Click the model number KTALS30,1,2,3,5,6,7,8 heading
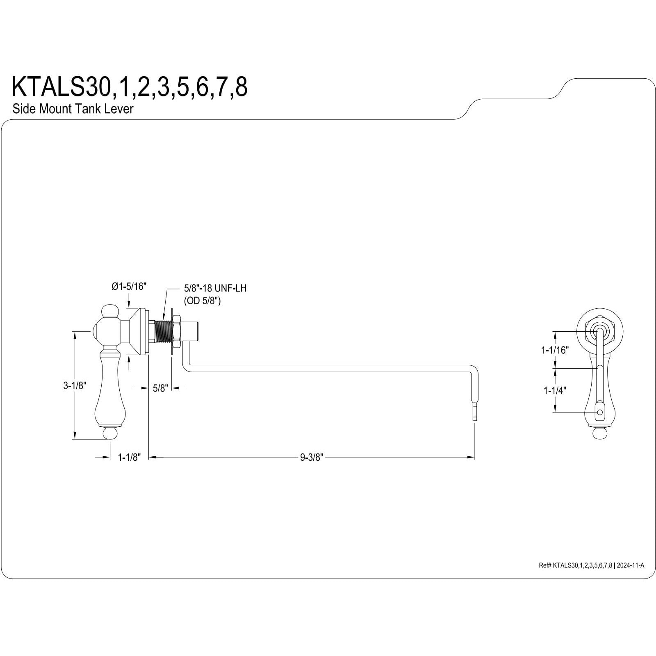click(x=130, y=87)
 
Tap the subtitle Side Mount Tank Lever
click(x=73, y=109)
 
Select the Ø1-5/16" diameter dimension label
click(x=129, y=287)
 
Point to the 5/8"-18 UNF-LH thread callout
click(x=215, y=289)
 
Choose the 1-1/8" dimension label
click(x=129, y=457)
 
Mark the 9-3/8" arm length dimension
click(x=312, y=457)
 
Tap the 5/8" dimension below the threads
click(x=160, y=388)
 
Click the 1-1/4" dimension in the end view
click(x=555, y=391)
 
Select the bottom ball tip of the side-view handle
click(x=109, y=434)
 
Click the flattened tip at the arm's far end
click(x=474, y=411)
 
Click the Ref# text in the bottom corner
click(x=591, y=566)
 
